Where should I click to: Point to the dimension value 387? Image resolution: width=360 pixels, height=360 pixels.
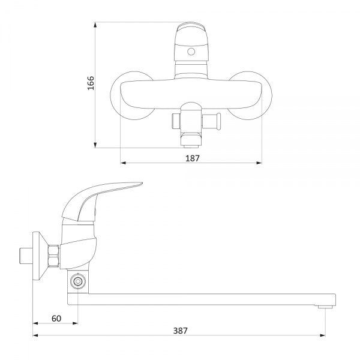(179, 329)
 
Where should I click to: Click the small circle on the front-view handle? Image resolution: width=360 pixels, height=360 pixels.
(191, 52)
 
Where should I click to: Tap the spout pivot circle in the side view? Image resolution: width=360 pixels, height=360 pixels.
(76, 281)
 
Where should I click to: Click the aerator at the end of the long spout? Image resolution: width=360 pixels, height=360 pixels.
(325, 305)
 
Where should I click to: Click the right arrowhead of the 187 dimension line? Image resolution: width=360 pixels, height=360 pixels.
(260, 163)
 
